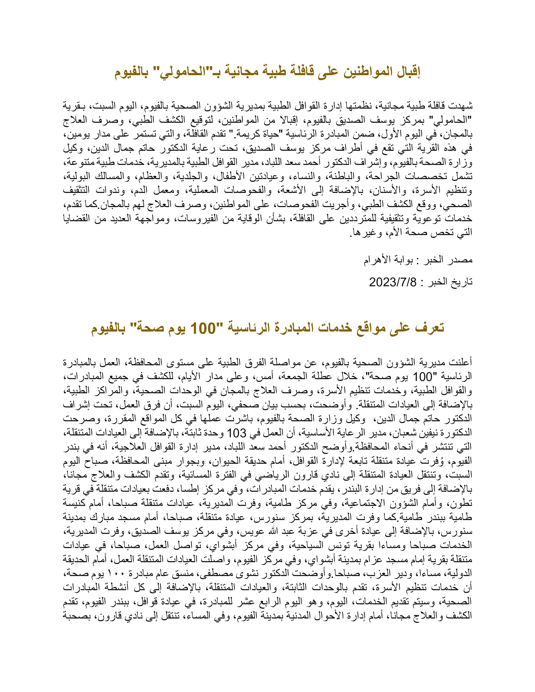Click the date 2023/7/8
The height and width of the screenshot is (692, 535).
tap(393, 282)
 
